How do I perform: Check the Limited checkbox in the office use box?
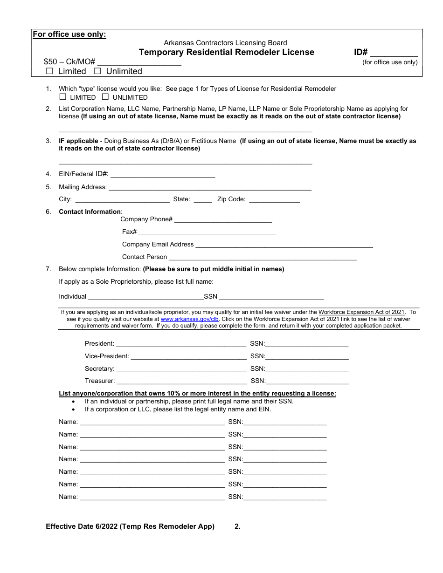pos(49,71)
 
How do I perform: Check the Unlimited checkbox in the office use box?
pos(97,71)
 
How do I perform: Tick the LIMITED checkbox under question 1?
pos(63,97)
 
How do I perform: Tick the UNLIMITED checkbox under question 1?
pos(105,97)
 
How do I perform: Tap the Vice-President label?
pos(107,356)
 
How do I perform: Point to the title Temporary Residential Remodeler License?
pos(227,52)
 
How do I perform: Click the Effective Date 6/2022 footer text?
pos(130,527)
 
